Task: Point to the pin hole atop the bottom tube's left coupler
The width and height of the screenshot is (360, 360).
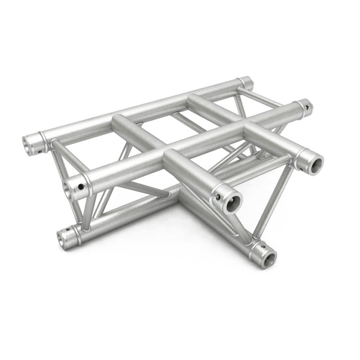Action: pyautogui.click(x=69, y=229)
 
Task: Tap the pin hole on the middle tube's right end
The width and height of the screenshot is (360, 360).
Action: pyautogui.click(x=308, y=108)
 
